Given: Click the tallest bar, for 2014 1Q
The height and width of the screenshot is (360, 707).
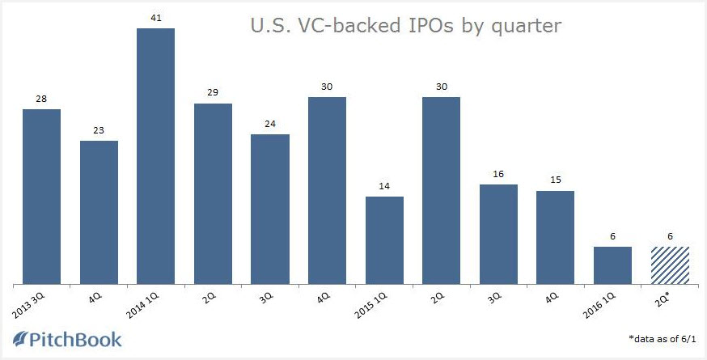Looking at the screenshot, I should [x=155, y=156].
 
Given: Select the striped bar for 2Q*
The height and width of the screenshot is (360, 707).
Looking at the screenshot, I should [x=670, y=265].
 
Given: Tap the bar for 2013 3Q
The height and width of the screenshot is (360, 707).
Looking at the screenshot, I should [x=41, y=197].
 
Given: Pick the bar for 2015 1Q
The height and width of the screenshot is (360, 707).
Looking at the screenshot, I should [x=384, y=240].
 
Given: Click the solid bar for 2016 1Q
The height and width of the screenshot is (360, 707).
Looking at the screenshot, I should [x=612, y=265].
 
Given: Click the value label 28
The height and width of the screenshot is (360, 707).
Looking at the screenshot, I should [x=41, y=98].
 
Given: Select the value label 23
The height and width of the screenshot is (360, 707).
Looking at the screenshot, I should [x=99, y=129].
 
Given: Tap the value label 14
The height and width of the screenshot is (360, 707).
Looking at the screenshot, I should [x=384, y=185].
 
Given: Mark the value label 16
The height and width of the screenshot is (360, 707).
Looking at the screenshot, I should [x=498, y=173].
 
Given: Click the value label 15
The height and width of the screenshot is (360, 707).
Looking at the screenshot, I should [x=555, y=180].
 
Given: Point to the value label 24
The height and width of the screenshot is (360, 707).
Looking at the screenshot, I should [x=270, y=123].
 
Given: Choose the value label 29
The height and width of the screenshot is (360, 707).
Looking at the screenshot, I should [x=213, y=92].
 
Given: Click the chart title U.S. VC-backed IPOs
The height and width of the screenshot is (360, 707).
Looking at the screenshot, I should [x=404, y=26].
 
